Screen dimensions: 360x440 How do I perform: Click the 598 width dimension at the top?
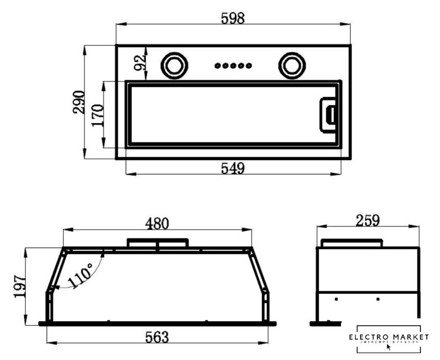click(233, 18)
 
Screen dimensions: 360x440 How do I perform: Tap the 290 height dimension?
click(79, 102)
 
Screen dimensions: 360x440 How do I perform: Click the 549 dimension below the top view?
click(233, 168)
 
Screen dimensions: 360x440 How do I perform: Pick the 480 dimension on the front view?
click(157, 223)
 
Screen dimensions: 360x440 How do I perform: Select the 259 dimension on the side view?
click(368, 220)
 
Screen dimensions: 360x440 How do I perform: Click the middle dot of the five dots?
click(232, 66)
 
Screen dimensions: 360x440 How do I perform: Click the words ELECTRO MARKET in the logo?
click(388, 337)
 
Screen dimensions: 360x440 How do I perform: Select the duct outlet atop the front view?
click(157, 243)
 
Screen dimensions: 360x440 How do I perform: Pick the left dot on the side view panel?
click(336, 299)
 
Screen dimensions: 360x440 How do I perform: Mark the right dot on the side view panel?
click(378, 299)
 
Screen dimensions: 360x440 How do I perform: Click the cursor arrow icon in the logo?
click(389, 346)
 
